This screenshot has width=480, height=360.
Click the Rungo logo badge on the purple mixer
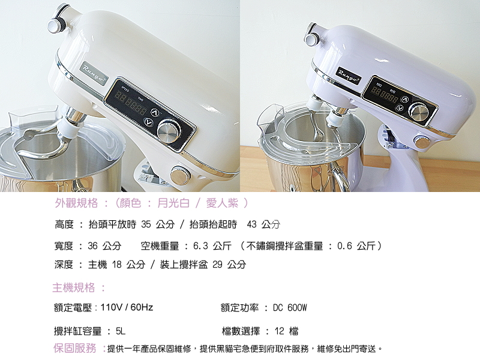[349, 76]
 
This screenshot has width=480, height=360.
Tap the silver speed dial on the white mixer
[169, 131]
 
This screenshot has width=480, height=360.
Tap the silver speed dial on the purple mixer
[419, 113]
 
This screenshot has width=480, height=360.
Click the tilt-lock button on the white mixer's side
[181, 175]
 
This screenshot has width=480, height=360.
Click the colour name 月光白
[173, 203]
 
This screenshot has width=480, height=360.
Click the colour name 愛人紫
[222, 203]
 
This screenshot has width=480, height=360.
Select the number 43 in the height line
[251, 224]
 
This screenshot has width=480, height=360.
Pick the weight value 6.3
[200, 245]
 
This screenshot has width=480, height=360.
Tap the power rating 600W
[297, 307]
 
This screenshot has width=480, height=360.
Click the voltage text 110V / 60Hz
[127, 307]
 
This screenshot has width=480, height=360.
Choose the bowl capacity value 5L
[121, 331]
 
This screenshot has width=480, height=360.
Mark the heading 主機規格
[73, 287]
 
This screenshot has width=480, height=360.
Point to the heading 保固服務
[74, 348]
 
